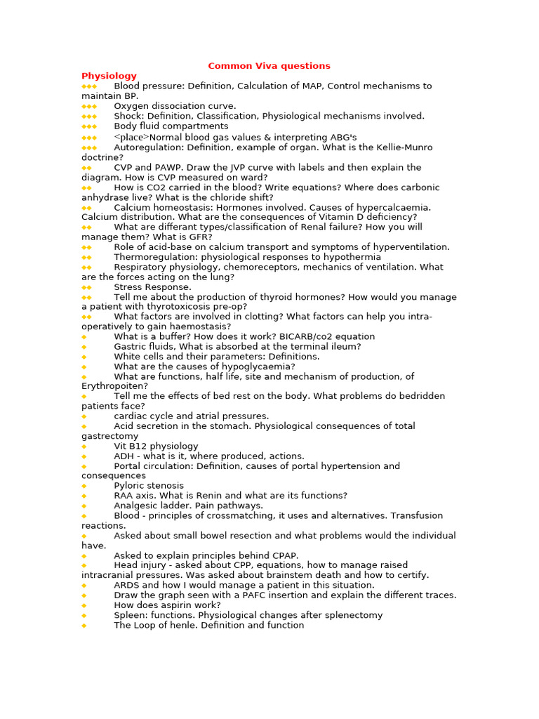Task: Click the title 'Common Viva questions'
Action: coord(269,66)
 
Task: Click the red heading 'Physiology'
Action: coord(109,76)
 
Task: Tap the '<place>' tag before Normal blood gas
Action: coord(131,138)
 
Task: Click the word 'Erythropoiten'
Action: coord(114,386)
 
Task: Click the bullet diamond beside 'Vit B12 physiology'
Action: coord(84,447)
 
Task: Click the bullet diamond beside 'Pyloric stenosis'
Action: coord(84,486)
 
